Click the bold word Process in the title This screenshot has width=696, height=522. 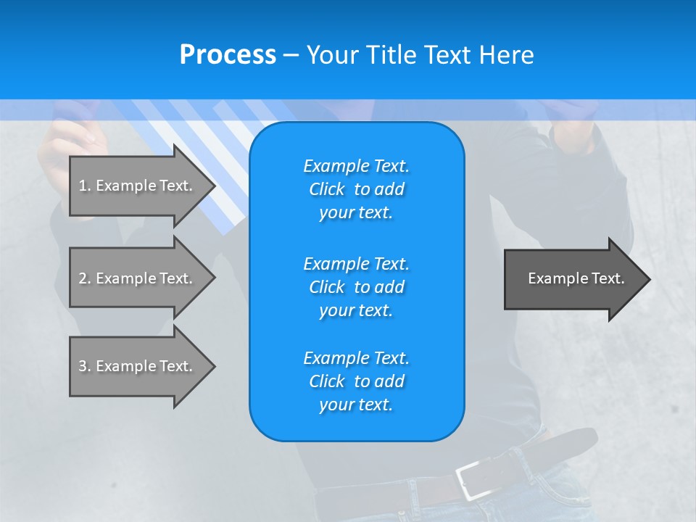pyautogui.click(x=228, y=55)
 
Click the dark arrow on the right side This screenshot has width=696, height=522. pyautogui.click(x=573, y=279)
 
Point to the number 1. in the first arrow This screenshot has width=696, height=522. pyautogui.click(x=85, y=186)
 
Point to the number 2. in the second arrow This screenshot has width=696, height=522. pyautogui.click(x=85, y=278)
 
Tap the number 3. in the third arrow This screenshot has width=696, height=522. pyautogui.click(x=85, y=366)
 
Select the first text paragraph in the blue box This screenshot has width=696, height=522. pyautogui.click(x=356, y=189)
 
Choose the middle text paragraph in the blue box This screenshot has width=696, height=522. pyautogui.click(x=356, y=286)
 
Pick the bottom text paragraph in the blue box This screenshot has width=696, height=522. pyautogui.click(x=356, y=381)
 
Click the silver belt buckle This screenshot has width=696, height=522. pyautogui.click(x=471, y=478)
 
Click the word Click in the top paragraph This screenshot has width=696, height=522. pyautogui.click(x=327, y=189)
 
